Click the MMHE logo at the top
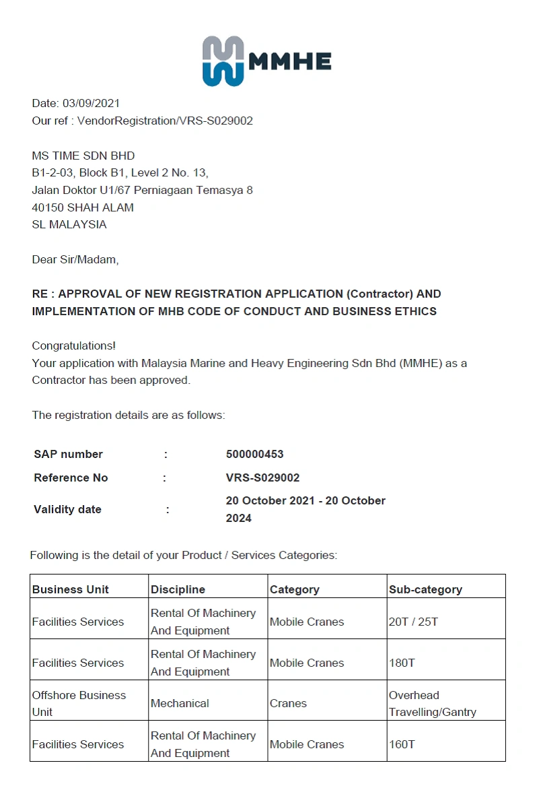coord(266,61)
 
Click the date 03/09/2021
coord(91,104)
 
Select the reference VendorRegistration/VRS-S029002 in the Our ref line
coord(165,121)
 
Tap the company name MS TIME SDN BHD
coord(83,156)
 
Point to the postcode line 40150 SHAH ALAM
coord(83,207)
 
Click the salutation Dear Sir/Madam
coord(75,259)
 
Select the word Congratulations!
coord(74,346)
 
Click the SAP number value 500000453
coord(254,455)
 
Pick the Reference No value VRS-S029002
coord(262,478)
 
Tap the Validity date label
coord(67,510)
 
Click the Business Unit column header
coord(71,590)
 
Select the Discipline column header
coord(178,590)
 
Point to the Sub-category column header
coord(425,590)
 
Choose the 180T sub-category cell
coord(402,663)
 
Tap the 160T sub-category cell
coord(402,745)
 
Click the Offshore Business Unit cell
coord(79,704)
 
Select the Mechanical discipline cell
coord(180,704)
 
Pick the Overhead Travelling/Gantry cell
coord(432,704)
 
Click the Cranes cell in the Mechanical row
coord(288,704)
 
